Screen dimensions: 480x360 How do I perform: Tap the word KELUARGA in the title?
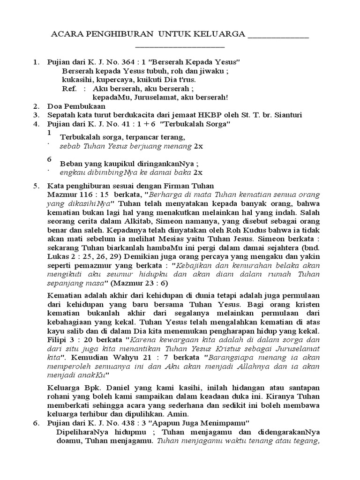tap(222, 35)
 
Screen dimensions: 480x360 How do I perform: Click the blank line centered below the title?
tap(180, 46)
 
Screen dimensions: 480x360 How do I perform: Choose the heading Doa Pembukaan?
tap(76, 106)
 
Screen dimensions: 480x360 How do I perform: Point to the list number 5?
tap(36, 186)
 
